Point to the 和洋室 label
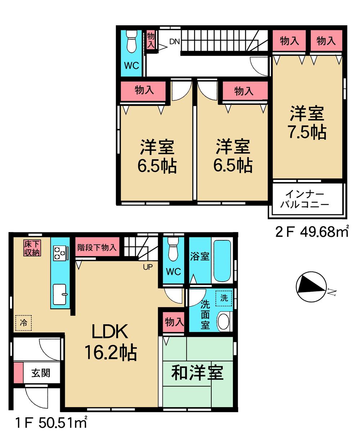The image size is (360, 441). [x=197, y=373]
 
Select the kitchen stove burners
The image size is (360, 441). [x=59, y=253]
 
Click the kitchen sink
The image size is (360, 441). [x=60, y=294]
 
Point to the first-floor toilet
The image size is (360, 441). [x=174, y=250]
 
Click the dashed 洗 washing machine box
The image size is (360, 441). [x=224, y=298]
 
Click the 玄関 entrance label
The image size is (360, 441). [x=40, y=373]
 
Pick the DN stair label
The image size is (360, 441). [x=175, y=41]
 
